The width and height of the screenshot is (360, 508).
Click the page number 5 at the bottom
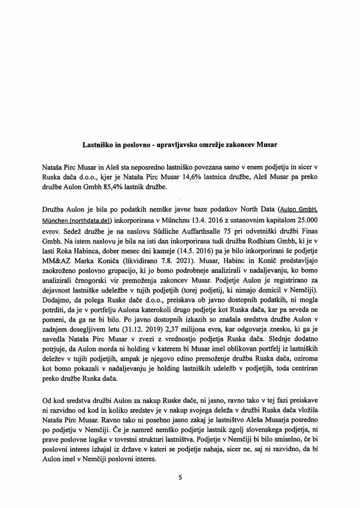click(180, 478)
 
